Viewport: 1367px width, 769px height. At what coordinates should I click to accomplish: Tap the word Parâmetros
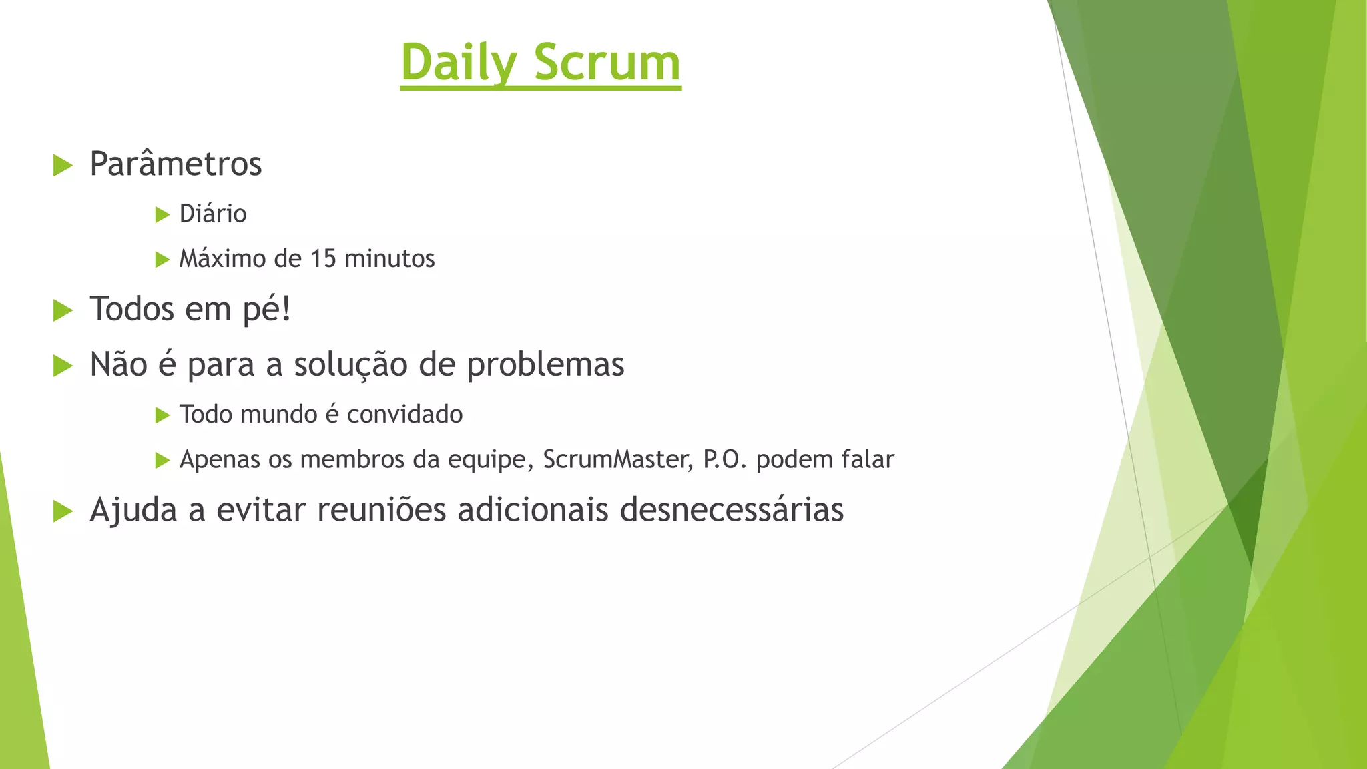point(176,164)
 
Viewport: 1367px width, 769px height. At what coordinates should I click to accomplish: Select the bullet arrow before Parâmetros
point(63,165)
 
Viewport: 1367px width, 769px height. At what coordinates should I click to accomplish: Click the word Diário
point(213,214)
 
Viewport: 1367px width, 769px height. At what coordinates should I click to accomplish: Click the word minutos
point(389,259)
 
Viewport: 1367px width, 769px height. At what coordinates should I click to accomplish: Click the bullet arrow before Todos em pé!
point(63,310)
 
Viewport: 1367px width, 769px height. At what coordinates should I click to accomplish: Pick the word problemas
point(545,365)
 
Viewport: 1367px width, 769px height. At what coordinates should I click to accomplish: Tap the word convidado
point(404,415)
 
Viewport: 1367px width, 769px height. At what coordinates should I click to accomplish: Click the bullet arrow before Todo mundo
point(162,415)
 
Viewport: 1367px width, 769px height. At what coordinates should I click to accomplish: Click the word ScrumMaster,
point(618,460)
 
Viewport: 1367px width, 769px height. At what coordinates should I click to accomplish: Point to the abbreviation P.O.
point(725,460)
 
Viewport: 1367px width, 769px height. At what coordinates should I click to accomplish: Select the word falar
point(868,460)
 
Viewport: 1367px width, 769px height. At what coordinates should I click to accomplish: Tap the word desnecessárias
point(732,510)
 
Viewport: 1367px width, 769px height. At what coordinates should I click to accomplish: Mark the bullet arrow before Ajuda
point(63,511)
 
